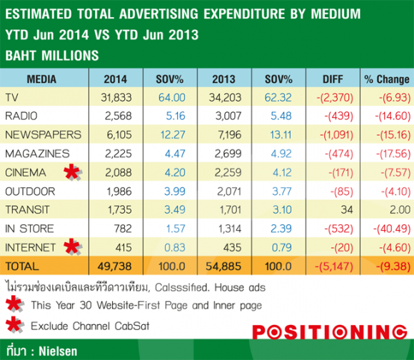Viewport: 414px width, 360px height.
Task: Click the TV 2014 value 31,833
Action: click(x=116, y=98)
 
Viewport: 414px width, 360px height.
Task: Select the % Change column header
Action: click(x=387, y=79)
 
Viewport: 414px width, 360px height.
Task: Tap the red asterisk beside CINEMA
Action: click(x=72, y=172)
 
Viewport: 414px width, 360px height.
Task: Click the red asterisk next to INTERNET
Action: click(x=72, y=247)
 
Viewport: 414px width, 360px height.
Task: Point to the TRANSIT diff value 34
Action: click(x=347, y=210)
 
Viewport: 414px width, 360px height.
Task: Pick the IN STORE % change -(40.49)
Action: click(x=392, y=229)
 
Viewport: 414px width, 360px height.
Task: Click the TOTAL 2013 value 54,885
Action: click(x=223, y=266)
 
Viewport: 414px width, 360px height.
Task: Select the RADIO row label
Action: click(x=21, y=116)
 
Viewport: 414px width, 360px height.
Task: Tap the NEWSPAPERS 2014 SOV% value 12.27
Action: click(x=173, y=135)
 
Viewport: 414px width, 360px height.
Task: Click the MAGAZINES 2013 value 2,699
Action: click(x=228, y=154)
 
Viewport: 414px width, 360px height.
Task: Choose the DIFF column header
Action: click(x=333, y=79)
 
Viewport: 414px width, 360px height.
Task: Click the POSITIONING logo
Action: click(x=330, y=331)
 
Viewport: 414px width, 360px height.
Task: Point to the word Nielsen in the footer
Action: click(x=58, y=351)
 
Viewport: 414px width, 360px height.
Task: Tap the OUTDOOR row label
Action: click(x=30, y=191)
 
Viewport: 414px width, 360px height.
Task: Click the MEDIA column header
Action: click(x=41, y=79)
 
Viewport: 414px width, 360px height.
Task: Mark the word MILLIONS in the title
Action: click(x=70, y=56)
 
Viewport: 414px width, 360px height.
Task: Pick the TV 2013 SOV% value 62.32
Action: click(x=278, y=98)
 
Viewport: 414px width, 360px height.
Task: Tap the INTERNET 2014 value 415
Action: click(x=123, y=247)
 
